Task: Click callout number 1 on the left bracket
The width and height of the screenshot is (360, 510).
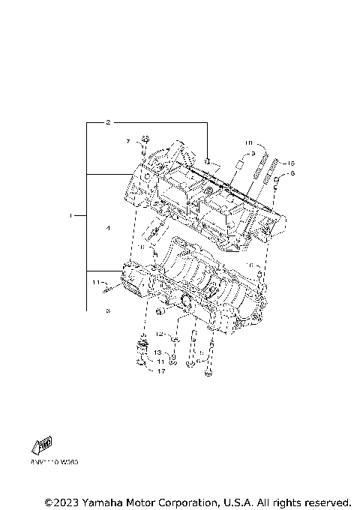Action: (x=71, y=216)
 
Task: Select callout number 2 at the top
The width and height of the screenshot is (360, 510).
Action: (x=108, y=121)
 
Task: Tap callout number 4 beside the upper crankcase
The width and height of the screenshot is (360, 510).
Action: (x=108, y=228)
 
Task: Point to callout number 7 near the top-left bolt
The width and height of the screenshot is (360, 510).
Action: (x=127, y=141)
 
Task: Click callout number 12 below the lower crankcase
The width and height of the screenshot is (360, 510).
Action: (x=159, y=334)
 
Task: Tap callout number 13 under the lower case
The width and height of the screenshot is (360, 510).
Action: (x=158, y=352)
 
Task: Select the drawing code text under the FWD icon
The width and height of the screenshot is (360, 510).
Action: (x=54, y=462)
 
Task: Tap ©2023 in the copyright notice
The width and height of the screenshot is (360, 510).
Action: (x=60, y=501)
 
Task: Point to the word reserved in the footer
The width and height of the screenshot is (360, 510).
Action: (x=325, y=501)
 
